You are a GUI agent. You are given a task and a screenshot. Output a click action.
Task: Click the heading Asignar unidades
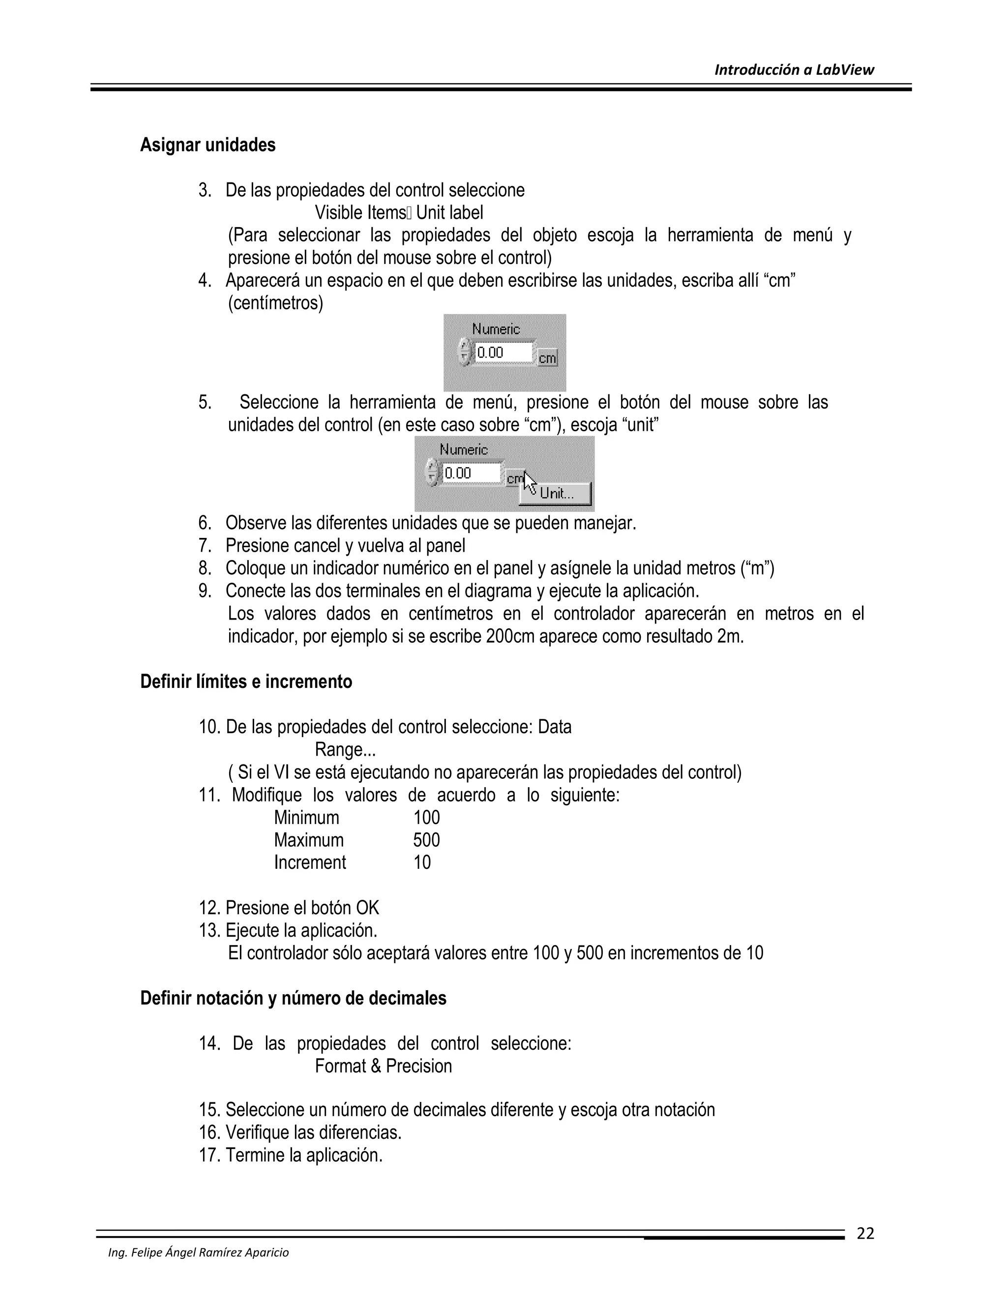207,145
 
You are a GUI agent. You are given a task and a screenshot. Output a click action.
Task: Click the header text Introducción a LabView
794,70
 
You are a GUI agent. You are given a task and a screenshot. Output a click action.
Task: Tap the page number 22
865,1233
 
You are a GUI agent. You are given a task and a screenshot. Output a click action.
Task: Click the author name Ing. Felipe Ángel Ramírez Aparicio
198,1252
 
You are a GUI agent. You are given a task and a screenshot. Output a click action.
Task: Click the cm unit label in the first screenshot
547,358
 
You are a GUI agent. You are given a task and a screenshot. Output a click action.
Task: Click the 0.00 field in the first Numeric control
503,353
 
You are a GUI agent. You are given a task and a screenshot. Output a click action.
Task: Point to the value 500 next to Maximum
426,840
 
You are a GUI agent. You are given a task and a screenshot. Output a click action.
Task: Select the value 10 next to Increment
422,863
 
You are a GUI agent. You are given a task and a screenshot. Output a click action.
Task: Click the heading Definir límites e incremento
246,681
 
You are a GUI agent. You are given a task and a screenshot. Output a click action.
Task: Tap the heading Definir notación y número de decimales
293,998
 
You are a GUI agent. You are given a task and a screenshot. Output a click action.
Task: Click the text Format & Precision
383,1066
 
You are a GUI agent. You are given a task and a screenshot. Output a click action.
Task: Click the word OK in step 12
367,908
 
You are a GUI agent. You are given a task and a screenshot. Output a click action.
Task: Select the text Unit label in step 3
449,212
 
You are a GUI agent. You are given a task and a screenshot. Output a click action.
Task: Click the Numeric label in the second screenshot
464,449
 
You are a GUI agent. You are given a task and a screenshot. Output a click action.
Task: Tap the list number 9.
205,591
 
